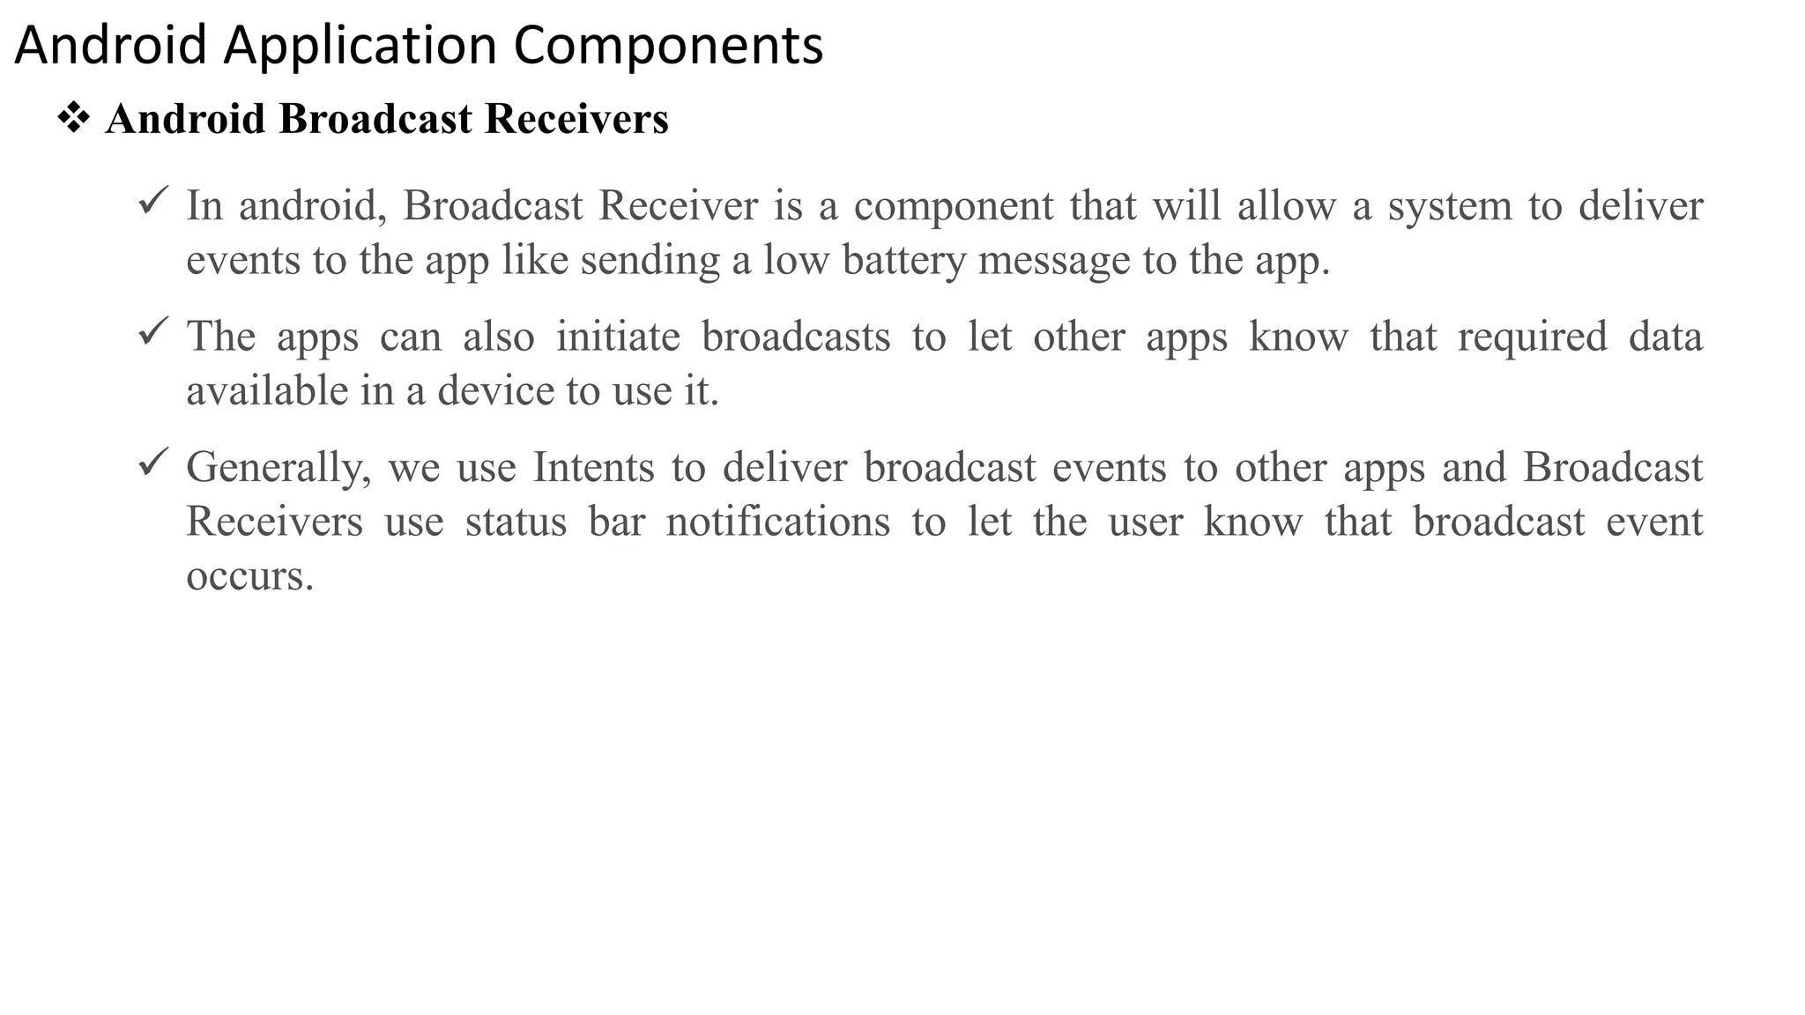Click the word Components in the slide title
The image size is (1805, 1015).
668,46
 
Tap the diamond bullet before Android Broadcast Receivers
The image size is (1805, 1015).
74,118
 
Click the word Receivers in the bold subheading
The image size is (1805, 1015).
576,119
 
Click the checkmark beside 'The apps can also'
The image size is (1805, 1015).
153,332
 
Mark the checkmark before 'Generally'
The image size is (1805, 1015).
153,463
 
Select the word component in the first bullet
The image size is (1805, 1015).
954,207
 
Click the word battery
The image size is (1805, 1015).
903,261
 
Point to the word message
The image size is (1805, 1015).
1053,261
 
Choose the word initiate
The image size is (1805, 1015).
618,337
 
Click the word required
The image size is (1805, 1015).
1532,337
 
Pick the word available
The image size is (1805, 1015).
267,391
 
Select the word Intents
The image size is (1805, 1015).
593,468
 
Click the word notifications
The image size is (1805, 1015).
777,522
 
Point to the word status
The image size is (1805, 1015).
516,522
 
